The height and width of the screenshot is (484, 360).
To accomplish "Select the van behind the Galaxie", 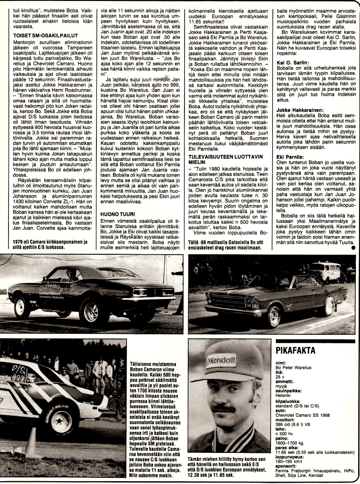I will tap(324, 271).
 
